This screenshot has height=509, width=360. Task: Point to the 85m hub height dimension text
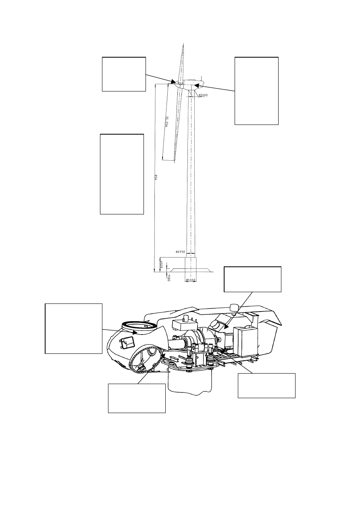(x=156, y=177)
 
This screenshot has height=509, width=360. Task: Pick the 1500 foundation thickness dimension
(x=169, y=278)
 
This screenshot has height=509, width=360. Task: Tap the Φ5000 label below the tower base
(x=190, y=280)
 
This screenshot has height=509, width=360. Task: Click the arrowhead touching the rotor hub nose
(x=174, y=82)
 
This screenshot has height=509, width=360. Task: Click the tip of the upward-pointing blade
(x=183, y=44)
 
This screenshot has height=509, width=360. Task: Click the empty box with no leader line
(x=122, y=174)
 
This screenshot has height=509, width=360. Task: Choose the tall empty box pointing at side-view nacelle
(x=256, y=91)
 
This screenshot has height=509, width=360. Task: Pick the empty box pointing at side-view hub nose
(x=124, y=74)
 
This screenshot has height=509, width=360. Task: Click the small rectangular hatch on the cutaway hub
(x=128, y=343)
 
